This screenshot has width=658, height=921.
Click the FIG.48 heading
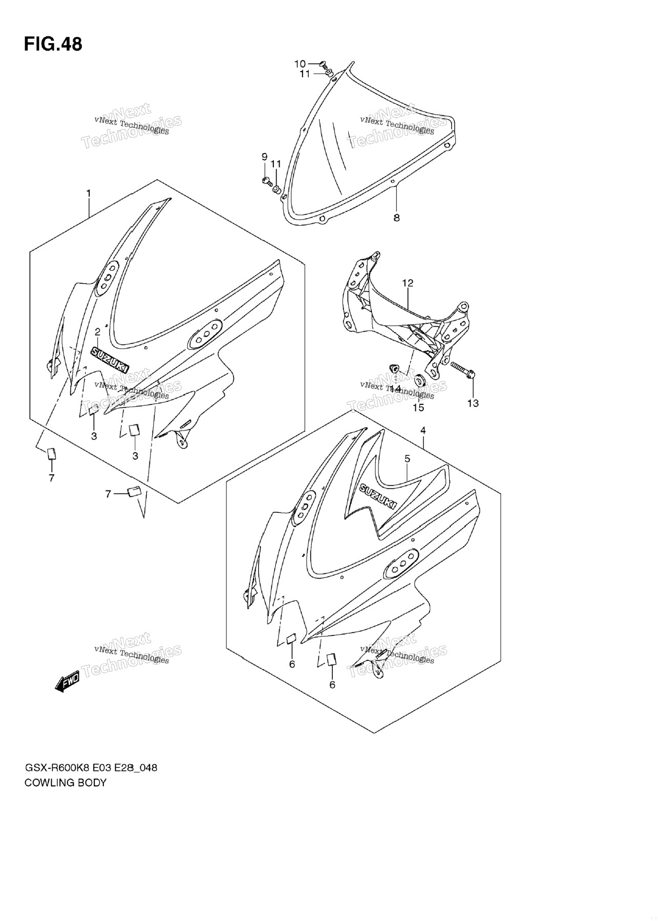click(x=53, y=45)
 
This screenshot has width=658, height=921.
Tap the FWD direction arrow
click(x=67, y=681)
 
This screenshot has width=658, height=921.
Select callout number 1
click(x=89, y=193)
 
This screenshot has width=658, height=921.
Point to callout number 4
click(x=423, y=430)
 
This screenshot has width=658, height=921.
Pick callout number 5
click(x=407, y=459)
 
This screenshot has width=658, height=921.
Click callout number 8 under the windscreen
click(x=396, y=218)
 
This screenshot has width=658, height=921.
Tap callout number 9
click(x=264, y=156)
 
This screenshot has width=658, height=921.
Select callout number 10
click(x=300, y=63)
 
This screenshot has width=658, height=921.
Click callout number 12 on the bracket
click(x=408, y=283)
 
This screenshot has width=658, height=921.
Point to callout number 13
click(x=473, y=403)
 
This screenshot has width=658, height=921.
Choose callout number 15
click(x=418, y=407)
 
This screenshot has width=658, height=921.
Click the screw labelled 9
click(x=266, y=180)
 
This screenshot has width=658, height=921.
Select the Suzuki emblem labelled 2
click(x=110, y=358)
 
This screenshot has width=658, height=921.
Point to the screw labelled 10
click(x=323, y=64)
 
